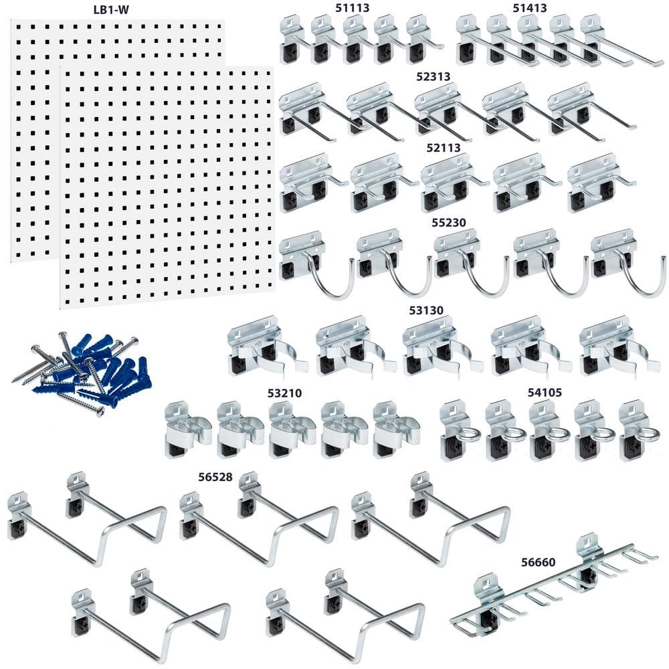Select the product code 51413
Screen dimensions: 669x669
coord(530,8)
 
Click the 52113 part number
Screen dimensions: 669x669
coord(442,147)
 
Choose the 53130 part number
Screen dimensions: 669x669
coord(425,310)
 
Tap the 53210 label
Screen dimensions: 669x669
coord(284,393)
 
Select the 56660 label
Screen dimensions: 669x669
coord(539,562)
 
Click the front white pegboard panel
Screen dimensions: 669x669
coord(167,187)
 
